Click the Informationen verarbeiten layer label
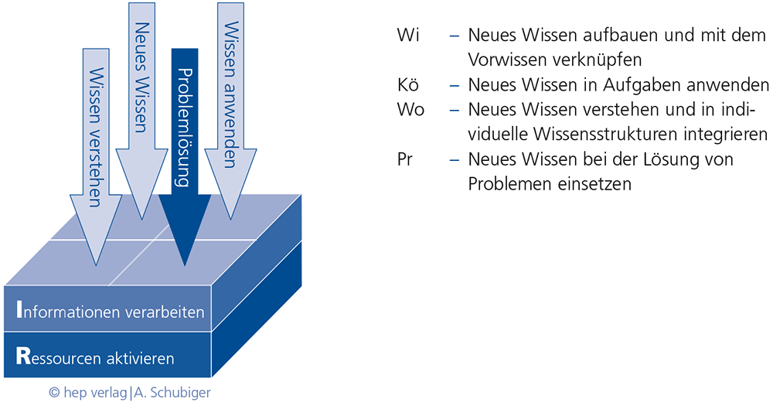(x=110, y=312)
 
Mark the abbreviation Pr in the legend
(x=404, y=160)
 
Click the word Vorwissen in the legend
(x=503, y=60)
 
